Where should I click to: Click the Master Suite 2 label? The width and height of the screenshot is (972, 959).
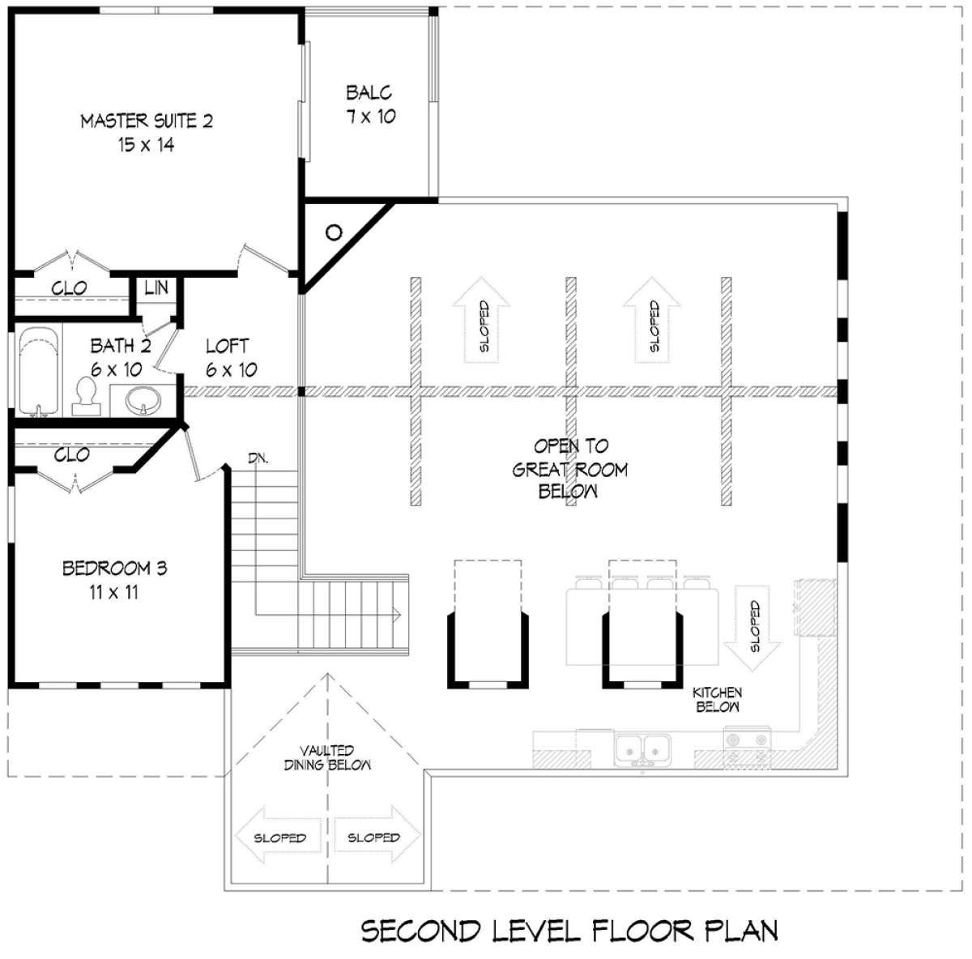[x=147, y=133]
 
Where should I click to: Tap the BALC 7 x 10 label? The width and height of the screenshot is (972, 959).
[x=370, y=104]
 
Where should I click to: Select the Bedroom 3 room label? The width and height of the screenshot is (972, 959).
[x=114, y=580]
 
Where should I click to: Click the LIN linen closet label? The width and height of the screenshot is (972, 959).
[x=156, y=288]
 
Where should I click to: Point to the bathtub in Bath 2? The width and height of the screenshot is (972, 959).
[x=39, y=372]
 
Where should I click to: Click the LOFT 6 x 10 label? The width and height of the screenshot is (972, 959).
[x=231, y=358]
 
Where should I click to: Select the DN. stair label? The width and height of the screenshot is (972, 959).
[x=258, y=458]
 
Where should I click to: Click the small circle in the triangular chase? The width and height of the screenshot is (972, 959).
[x=334, y=232]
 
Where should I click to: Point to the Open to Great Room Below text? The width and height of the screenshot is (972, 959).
[x=570, y=469]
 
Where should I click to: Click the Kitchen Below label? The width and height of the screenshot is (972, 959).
[x=718, y=700]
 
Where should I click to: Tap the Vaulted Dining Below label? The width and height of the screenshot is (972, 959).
[x=327, y=757]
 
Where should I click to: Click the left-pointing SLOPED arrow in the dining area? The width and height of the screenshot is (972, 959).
[x=279, y=838]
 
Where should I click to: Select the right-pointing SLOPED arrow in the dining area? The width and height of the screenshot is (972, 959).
[x=377, y=837]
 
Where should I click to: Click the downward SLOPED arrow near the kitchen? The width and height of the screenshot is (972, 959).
[x=752, y=628]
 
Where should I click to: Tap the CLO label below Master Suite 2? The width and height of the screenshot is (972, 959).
[x=69, y=288]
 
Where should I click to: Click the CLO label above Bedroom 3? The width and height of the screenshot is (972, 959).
[x=71, y=455]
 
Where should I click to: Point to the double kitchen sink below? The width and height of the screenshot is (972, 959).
[x=642, y=748]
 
